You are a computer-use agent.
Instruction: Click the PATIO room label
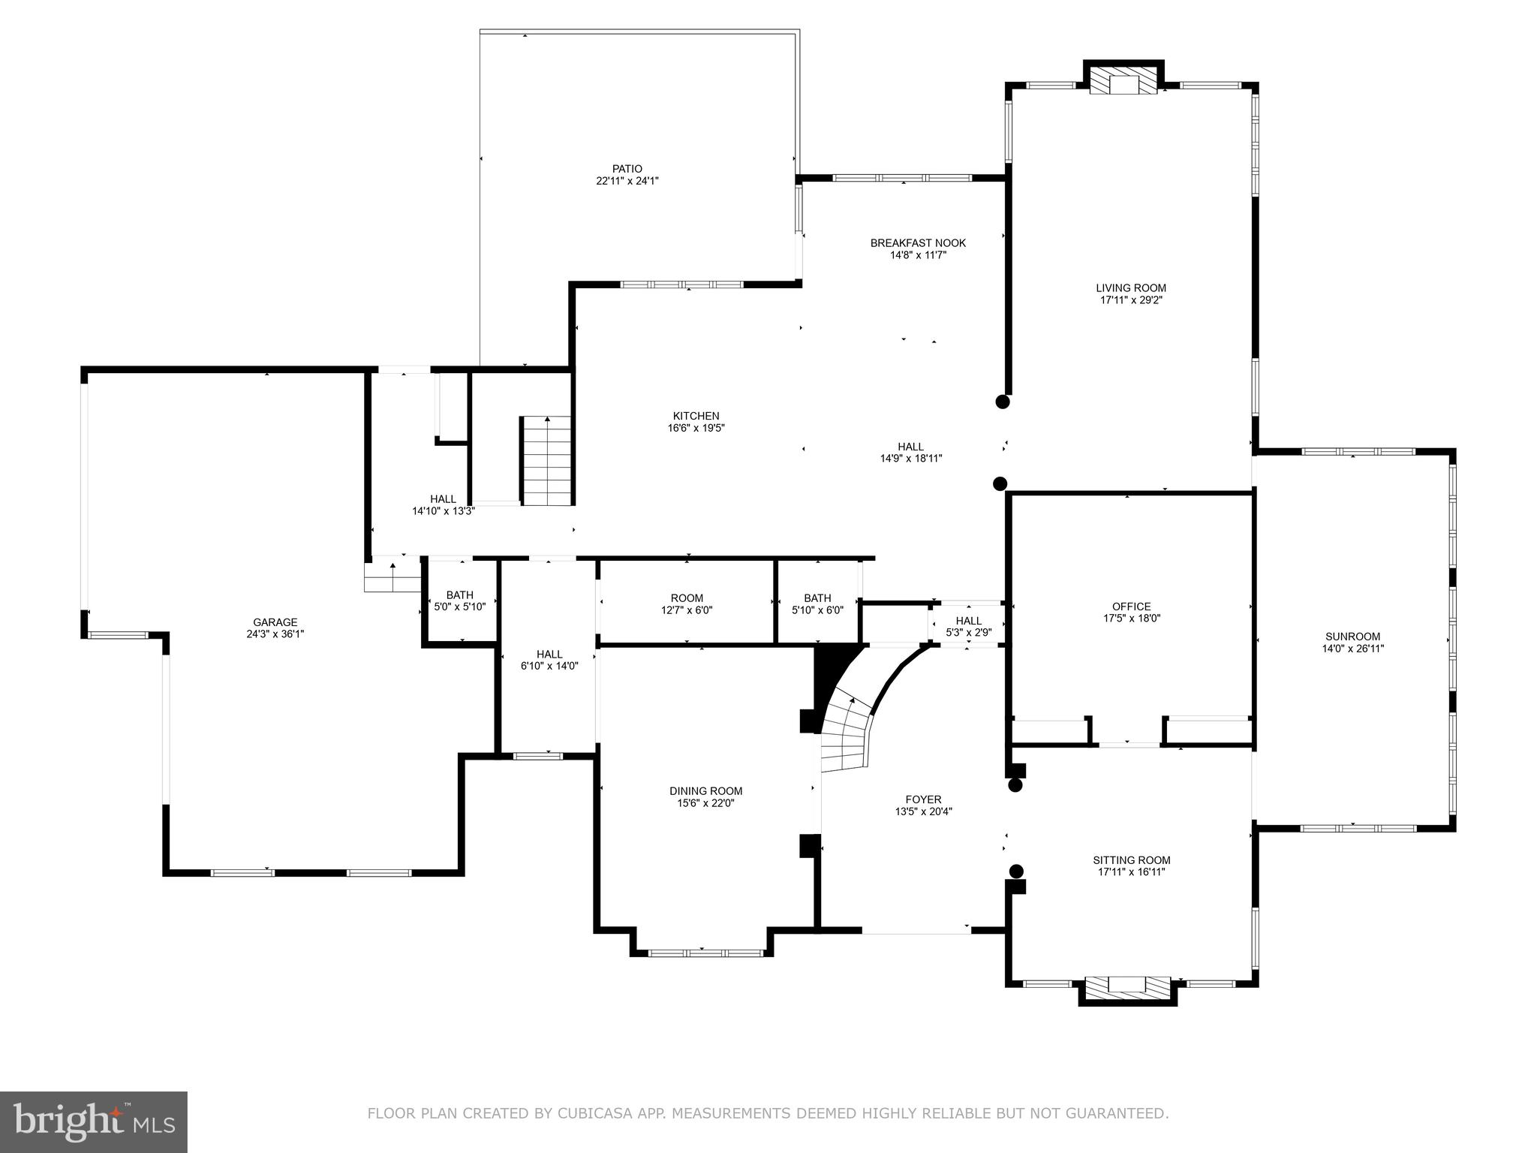627,169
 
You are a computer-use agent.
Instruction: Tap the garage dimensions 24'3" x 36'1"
275,634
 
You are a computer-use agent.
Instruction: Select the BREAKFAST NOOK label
917,243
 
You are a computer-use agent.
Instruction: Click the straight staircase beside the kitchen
547,462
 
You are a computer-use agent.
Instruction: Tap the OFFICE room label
1131,607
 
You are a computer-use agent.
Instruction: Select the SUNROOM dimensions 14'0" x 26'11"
1352,649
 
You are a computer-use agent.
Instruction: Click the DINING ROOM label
705,790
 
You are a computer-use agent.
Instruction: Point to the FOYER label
922,799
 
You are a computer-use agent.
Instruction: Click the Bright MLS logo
94,1121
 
